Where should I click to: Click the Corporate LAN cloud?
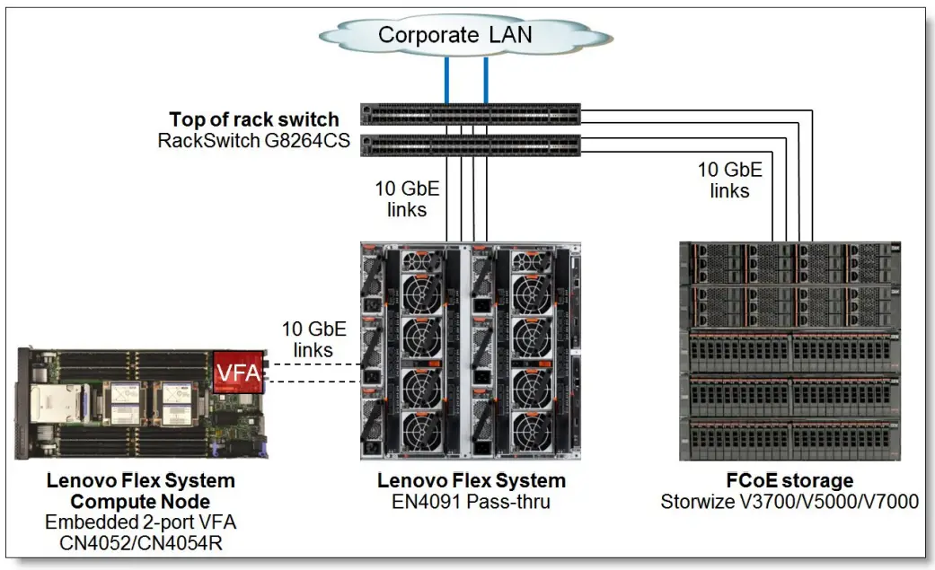tap(454, 36)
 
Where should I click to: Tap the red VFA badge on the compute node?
tap(238, 372)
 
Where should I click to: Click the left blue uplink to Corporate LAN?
tap(445, 80)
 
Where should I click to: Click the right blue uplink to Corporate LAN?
tap(485, 80)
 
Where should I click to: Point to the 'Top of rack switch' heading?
tap(254, 119)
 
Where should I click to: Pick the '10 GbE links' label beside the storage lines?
tap(729, 180)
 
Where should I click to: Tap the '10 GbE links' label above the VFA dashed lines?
tap(314, 338)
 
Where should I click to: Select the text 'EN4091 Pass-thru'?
tap(472, 502)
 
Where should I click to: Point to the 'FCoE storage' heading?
tap(789, 481)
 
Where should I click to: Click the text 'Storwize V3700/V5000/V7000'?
tap(789, 502)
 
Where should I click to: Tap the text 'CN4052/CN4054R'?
tap(140, 541)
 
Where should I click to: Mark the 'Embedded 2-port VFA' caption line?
tap(140, 522)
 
